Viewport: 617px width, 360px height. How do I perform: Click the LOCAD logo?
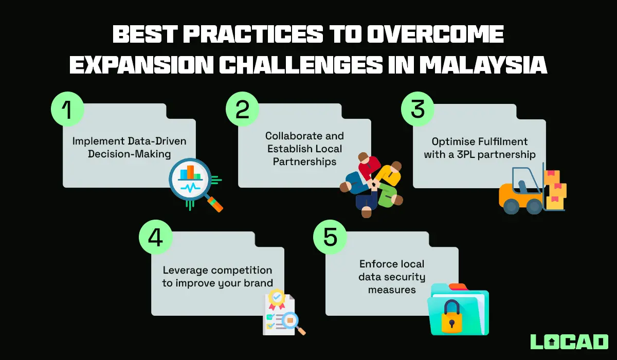[x=569, y=341]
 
